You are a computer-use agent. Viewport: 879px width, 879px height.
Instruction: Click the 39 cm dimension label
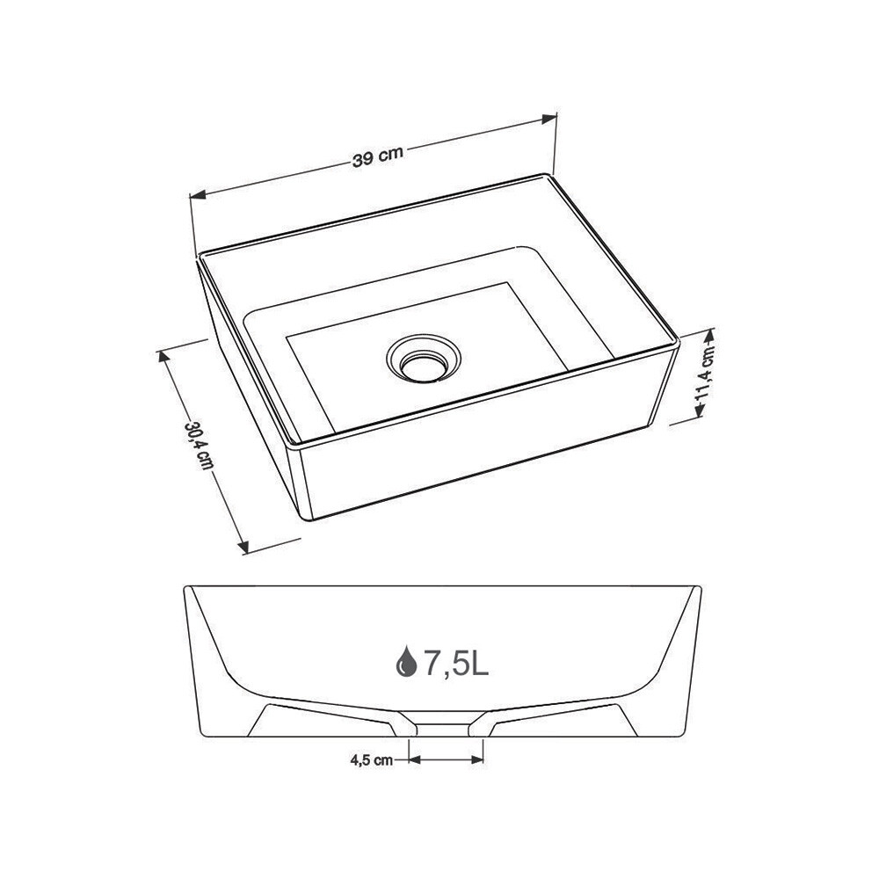[x=378, y=157]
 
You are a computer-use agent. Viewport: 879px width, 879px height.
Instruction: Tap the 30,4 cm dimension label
[x=199, y=446]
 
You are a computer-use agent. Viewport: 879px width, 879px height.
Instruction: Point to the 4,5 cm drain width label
[x=372, y=759]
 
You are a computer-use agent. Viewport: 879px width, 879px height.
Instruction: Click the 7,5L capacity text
[x=455, y=663]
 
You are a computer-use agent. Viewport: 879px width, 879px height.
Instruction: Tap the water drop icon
[x=406, y=661]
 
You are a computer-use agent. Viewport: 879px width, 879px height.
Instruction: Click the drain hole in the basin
[x=424, y=360]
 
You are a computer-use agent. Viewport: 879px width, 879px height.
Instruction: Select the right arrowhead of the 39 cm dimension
[x=548, y=119]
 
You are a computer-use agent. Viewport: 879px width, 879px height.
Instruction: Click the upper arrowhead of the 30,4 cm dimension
[x=164, y=357]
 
